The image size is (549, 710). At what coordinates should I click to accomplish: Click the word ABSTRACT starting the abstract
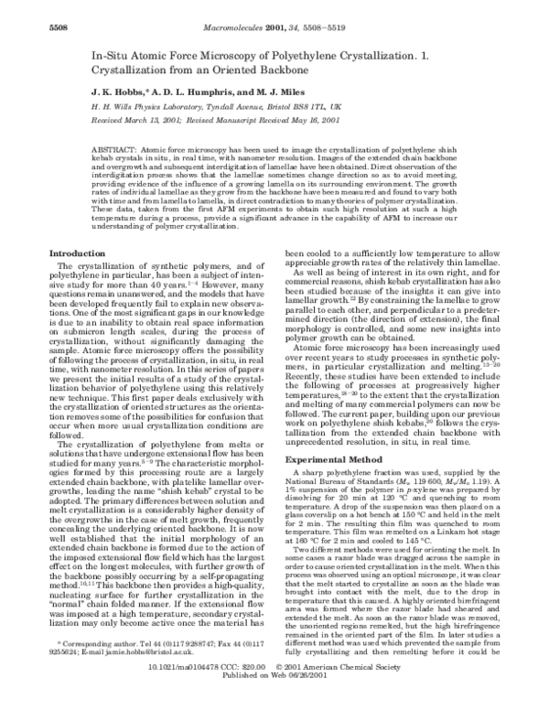(116, 147)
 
